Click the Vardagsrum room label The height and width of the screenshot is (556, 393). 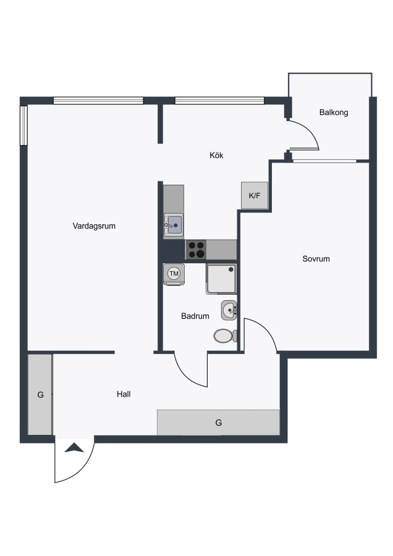pyautogui.click(x=94, y=226)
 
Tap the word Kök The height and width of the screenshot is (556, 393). pyautogui.click(x=216, y=155)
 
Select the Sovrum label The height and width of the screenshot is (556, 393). pyautogui.click(x=316, y=259)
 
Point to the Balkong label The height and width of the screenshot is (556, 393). pyautogui.click(x=334, y=112)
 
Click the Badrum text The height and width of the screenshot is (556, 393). pyautogui.click(x=195, y=316)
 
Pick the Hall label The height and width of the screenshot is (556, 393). pyautogui.click(x=124, y=394)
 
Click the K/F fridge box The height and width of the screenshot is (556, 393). pyautogui.click(x=255, y=195)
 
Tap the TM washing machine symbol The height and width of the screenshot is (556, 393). pyautogui.click(x=174, y=274)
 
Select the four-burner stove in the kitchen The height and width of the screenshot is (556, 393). pyautogui.click(x=196, y=250)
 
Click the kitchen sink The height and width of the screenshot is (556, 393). pyautogui.click(x=174, y=225)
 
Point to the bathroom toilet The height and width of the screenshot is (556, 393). pyautogui.click(x=225, y=335)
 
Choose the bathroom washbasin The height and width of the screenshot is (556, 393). pyautogui.click(x=229, y=310)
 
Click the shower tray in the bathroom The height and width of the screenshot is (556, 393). pyautogui.click(x=221, y=279)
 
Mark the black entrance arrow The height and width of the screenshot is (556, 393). pyautogui.click(x=75, y=448)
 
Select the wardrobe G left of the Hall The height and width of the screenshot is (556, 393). pyautogui.click(x=40, y=394)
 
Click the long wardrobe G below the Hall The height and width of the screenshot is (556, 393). pyautogui.click(x=219, y=423)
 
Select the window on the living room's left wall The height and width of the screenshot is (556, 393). pyautogui.click(x=23, y=125)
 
